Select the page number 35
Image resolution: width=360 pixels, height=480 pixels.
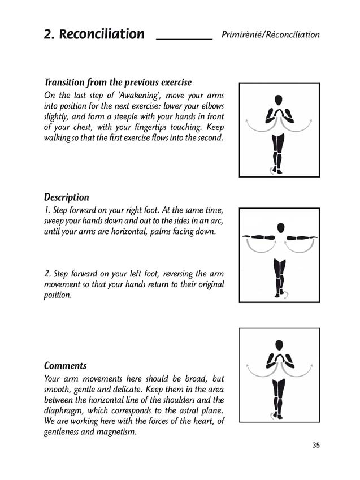[x=316, y=445]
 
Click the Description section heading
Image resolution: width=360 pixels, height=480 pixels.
[x=67, y=197]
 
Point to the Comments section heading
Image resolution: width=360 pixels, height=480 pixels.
[x=66, y=366]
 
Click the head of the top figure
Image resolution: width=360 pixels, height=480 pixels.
[x=278, y=100]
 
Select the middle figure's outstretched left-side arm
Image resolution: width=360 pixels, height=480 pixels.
[x=258, y=236]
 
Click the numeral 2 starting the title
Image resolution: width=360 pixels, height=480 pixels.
[x=47, y=34]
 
